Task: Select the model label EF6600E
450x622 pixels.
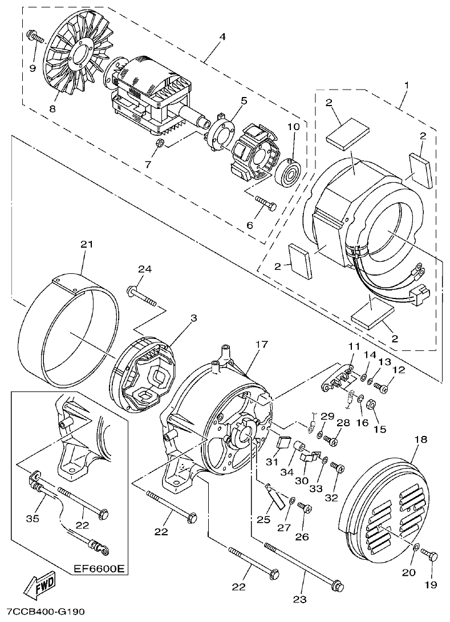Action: [x=99, y=570]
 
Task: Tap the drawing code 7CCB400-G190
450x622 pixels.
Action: [x=42, y=612]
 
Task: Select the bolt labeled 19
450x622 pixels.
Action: [x=431, y=555]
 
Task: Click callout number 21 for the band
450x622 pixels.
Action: [x=86, y=245]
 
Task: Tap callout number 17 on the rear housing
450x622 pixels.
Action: [x=261, y=345]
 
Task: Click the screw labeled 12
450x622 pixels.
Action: [x=383, y=389]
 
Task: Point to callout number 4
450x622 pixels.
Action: [x=222, y=37]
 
